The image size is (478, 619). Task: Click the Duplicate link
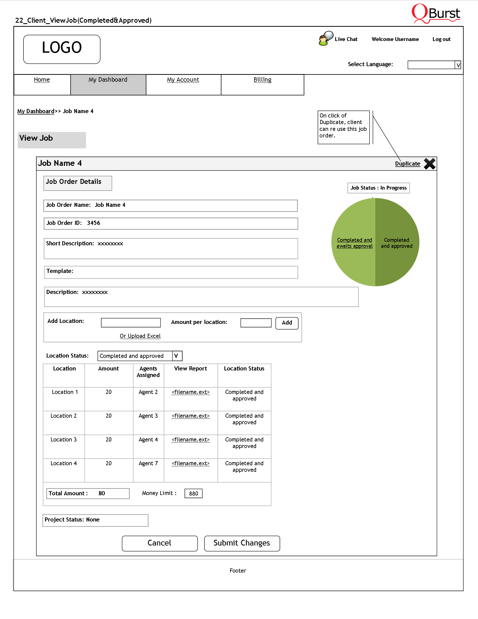(x=407, y=164)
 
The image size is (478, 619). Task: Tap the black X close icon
(x=429, y=164)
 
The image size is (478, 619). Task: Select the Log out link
(x=441, y=39)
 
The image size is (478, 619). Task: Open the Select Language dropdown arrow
(x=458, y=65)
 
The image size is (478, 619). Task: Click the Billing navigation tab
(x=262, y=80)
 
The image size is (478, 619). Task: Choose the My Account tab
(x=183, y=80)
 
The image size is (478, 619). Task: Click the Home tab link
(x=41, y=80)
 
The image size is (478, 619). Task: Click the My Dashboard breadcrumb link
(x=36, y=111)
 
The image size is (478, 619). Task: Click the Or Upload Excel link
(x=140, y=336)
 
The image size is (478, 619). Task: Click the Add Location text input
(x=130, y=323)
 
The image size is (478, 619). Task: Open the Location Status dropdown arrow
(x=177, y=356)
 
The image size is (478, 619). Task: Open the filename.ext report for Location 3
(x=191, y=440)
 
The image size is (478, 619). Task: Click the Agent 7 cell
(x=148, y=463)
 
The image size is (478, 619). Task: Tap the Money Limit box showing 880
(x=193, y=493)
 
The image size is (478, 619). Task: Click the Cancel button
(x=159, y=543)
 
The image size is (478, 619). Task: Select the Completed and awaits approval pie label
(x=355, y=243)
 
